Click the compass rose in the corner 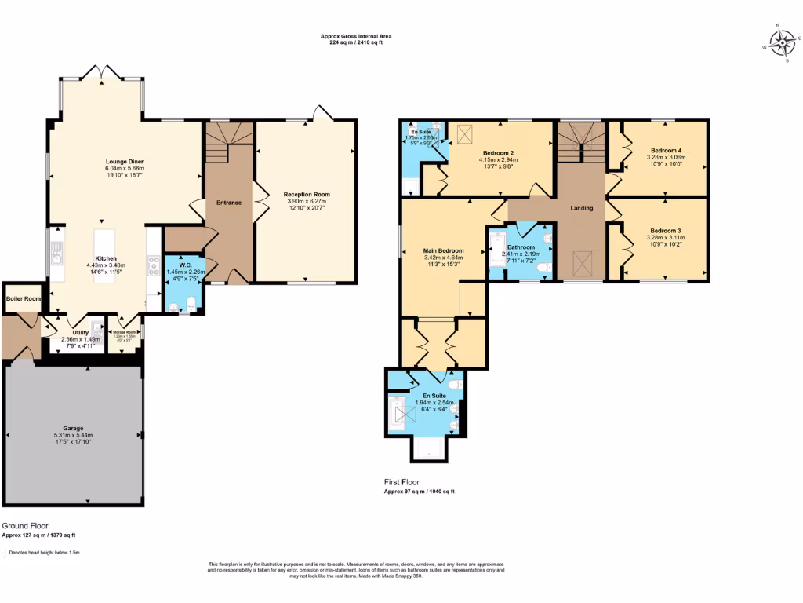(781, 42)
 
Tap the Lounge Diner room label (125, 161)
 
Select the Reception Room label (307, 194)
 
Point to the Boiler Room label (24, 298)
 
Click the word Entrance (229, 203)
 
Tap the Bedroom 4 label (665, 150)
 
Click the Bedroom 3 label (664, 231)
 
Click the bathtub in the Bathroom (497, 250)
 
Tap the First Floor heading (401, 482)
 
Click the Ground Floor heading (26, 525)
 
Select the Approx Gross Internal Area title (355, 36)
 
